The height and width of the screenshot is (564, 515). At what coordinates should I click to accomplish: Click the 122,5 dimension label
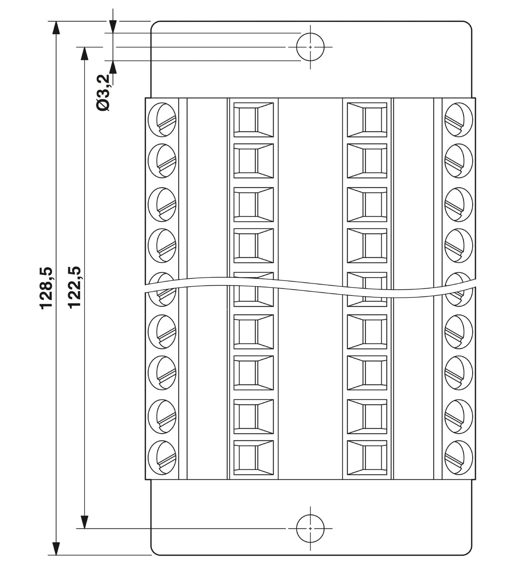click(x=75, y=287)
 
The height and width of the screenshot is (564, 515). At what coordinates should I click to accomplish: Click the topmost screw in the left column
click(x=162, y=120)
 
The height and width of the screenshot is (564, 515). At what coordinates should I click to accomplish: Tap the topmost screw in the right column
click(x=459, y=120)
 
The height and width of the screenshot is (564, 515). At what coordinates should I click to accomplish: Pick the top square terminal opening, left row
click(x=254, y=120)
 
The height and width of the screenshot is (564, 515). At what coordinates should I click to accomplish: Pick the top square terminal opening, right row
click(x=367, y=120)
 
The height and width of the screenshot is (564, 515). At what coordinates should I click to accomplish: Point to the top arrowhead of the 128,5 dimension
click(x=56, y=27)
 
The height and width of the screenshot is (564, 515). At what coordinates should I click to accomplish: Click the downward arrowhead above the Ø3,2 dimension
click(x=113, y=26)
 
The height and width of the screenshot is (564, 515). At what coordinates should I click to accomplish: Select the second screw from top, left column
click(x=162, y=161)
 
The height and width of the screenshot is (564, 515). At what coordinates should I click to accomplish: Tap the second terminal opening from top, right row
click(x=367, y=161)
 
